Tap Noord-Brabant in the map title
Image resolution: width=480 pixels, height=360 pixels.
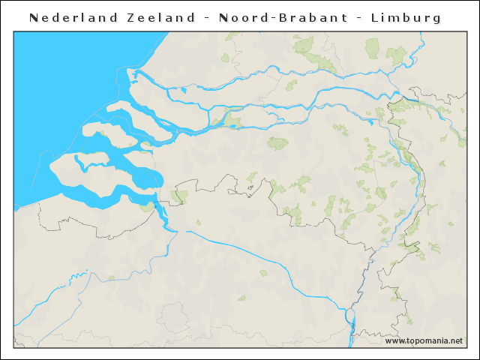[284, 17]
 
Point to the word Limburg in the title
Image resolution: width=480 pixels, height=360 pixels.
[406, 17]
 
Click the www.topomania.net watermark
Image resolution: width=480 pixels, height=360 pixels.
[424, 340]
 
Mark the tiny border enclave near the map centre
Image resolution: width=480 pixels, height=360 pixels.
[250, 187]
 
